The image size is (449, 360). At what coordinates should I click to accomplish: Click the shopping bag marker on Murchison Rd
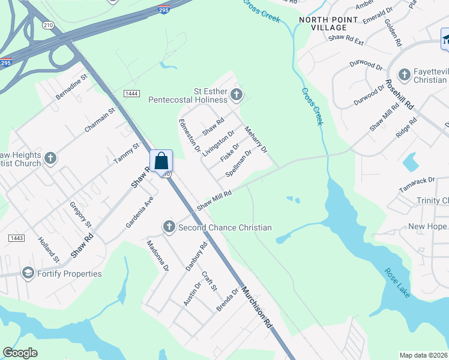coord(161,161)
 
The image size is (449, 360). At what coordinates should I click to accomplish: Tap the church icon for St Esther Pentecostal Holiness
coord(237,94)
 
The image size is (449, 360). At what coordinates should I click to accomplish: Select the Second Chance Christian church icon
coord(169,227)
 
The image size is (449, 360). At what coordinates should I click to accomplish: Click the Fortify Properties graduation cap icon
coord(27,274)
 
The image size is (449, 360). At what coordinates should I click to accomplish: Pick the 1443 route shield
coord(16,238)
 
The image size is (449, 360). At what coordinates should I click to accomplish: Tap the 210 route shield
coord(47,25)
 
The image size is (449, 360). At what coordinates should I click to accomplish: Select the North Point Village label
coord(323,23)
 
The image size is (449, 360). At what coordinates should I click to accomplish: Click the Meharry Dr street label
coord(256,139)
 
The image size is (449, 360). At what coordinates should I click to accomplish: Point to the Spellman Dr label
coord(238,163)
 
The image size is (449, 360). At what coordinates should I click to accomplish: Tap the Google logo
coord(20,353)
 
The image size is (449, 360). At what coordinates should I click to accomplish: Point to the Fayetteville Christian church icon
coord(405,75)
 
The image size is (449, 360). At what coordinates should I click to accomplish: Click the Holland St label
coord(49,251)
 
